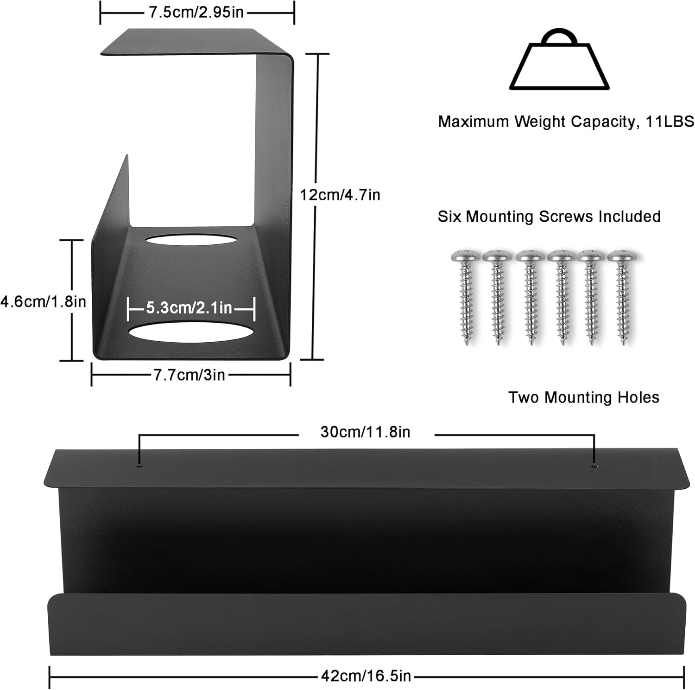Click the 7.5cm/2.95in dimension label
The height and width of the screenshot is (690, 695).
pyautogui.click(x=196, y=12)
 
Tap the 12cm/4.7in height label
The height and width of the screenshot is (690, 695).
pyautogui.click(x=340, y=195)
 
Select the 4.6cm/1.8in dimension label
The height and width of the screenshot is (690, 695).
pyautogui.click(x=43, y=302)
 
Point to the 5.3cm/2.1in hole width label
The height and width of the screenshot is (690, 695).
pyautogui.click(x=189, y=307)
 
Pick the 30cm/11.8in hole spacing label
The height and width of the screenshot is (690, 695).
pyautogui.click(x=365, y=432)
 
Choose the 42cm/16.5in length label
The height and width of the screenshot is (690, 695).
pyautogui.click(x=366, y=676)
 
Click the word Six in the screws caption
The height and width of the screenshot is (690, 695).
pyautogui.click(x=449, y=217)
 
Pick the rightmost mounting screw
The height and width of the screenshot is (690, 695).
pyautogui.click(x=622, y=297)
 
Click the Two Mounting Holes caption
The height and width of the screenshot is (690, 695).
pyautogui.click(x=583, y=397)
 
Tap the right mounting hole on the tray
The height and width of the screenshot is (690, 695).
pyautogui.click(x=594, y=465)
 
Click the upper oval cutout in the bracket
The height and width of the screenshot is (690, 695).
pyautogui.click(x=190, y=240)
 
